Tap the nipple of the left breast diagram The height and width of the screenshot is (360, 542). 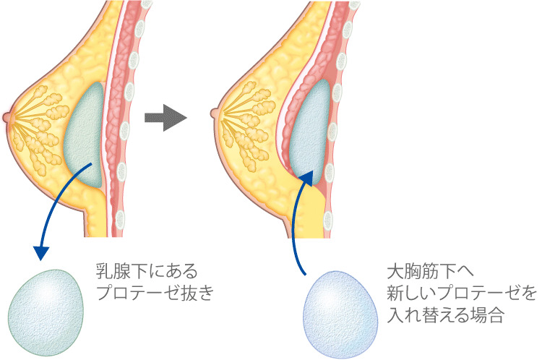(7, 115)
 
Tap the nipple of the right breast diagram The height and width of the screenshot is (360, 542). (213, 113)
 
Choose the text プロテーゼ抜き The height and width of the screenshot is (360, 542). (155, 294)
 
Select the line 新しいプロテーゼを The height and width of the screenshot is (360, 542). (462, 293)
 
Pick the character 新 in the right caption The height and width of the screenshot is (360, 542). (397, 293)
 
